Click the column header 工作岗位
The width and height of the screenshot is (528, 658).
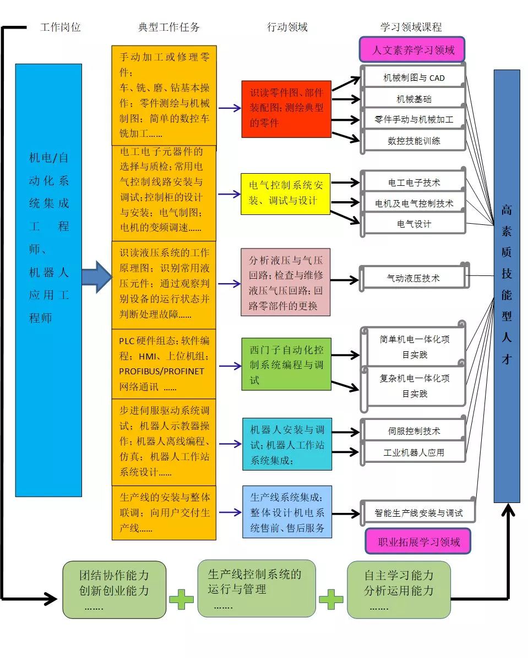click(61, 27)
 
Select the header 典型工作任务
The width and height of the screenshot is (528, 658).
click(168, 27)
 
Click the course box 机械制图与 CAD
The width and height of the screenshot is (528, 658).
click(414, 78)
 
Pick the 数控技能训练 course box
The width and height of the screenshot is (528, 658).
click(414, 141)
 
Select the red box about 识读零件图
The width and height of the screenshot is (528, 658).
click(286, 108)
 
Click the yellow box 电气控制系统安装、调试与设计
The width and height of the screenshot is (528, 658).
click(285, 193)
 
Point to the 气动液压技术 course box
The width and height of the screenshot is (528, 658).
click(414, 278)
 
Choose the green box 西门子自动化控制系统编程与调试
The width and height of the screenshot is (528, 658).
click(286, 364)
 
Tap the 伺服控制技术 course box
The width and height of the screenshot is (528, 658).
click(414, 431)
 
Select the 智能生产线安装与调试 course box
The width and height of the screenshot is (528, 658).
click(418, 513)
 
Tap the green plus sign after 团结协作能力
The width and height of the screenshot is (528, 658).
click(181, 599)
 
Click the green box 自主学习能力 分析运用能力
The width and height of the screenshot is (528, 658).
click(399, 589)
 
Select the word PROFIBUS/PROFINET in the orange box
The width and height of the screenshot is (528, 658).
click(161, 371)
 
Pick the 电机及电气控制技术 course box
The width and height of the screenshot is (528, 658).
click(414, 203)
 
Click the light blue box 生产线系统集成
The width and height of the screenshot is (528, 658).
click(287, 512)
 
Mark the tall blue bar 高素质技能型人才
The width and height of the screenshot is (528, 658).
click(507, 286)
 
